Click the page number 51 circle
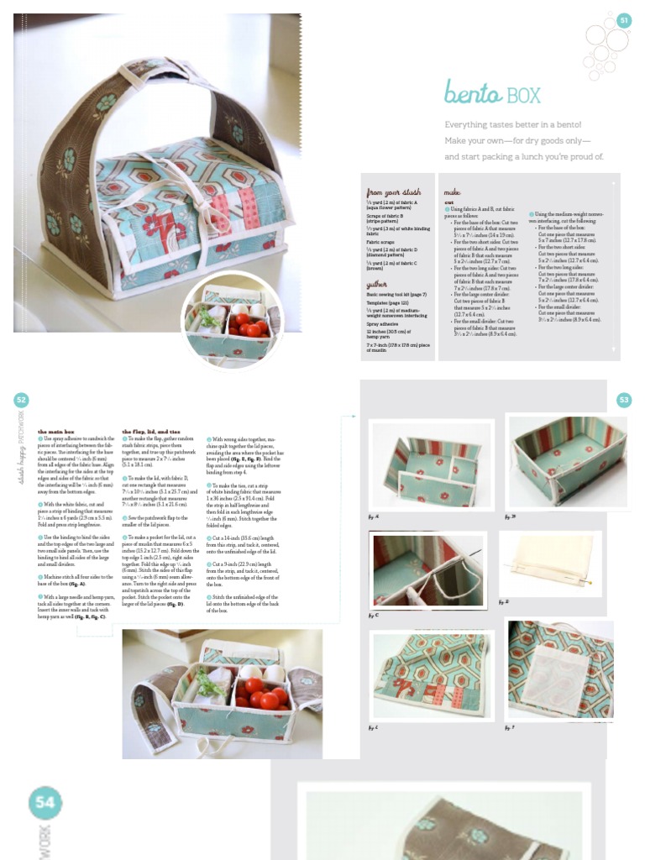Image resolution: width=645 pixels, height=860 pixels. (624, 20)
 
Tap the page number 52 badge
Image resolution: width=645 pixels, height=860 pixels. (22, 401)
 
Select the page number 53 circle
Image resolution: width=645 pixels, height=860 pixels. (624, 401)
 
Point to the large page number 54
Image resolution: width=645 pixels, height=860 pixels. (44, 803)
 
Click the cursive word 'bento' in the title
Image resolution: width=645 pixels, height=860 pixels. (473, 92)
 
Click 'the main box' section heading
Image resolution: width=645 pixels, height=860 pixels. (55, 431)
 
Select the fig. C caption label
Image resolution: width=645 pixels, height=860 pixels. (375, 615)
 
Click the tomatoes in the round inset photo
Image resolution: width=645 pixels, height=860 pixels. (249, 324)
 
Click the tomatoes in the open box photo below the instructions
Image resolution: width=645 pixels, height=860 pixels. (261, 692)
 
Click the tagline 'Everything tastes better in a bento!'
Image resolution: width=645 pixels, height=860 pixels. (513, 124)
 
